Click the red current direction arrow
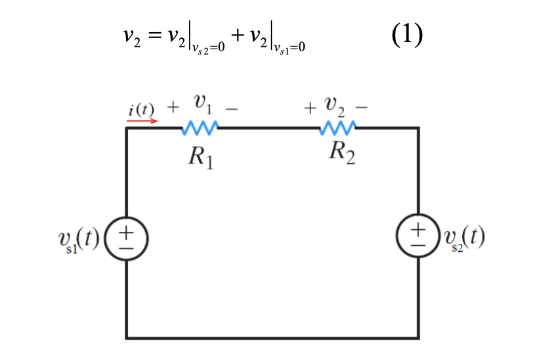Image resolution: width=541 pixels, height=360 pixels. [x=142, y=121]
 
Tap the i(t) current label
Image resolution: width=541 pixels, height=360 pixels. [x=141, y=110]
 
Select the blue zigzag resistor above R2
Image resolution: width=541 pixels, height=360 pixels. [x=338, y=127]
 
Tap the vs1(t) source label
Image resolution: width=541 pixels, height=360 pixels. [x=77, y=241]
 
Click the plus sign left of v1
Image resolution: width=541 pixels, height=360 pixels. [x=174, y=106]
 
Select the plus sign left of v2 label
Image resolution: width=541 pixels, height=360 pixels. [x=309, y=107]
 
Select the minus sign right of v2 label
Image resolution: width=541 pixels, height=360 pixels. [x=362, y=107]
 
